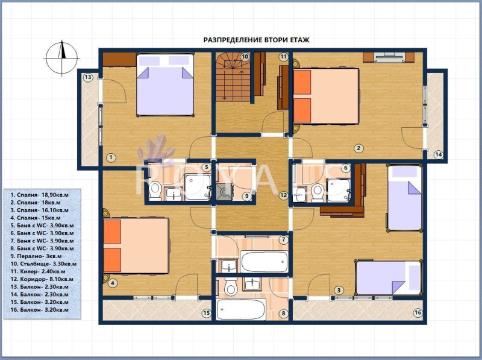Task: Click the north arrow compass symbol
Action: coord(62,58)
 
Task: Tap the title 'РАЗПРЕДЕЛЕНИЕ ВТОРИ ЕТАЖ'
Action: coord(257,40)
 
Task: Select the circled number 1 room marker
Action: coord(111,158)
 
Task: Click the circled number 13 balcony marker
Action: coord(88,77)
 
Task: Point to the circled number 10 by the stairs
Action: coord(245,57)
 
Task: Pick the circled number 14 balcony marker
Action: coord(439,154)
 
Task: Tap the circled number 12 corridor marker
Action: coord(283,195)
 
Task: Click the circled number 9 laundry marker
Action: coord(246,195)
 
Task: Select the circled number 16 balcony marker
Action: coord(418,313)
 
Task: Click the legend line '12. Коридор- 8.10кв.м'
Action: coord(42,279)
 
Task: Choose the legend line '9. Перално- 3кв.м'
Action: coord(36,256)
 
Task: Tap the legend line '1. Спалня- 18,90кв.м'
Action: coord(39,195)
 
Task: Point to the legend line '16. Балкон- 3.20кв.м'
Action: coord(39,310)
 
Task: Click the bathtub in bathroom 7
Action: coord(264,262)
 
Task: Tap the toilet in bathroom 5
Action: coord(155,190)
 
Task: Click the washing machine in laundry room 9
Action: coord(224,192)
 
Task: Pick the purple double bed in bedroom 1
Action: coord(165,85)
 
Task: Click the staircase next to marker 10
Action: coord(233,77)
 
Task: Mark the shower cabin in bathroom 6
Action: coord(339,190)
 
